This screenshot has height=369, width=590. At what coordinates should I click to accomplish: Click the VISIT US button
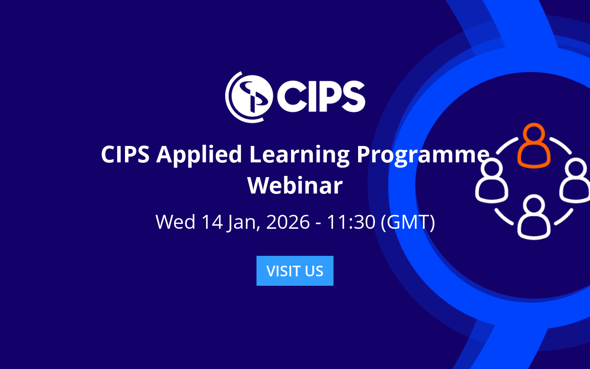pos(295,271)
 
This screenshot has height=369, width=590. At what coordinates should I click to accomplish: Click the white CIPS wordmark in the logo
pos(321,97)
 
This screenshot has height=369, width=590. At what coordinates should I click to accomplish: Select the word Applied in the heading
pos(199,155)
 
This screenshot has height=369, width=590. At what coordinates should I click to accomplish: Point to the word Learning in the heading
pos(299,155)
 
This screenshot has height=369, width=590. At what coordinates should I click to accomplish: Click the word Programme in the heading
pos(423,155)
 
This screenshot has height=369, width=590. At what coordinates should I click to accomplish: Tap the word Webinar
pos(295,185)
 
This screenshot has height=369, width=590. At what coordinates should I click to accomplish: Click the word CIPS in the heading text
pos(125,155)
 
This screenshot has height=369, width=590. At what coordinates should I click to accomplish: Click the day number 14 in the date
pos(212,222)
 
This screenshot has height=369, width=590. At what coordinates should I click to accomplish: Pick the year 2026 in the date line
pos(288,222)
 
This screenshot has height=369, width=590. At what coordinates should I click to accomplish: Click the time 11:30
pos(351,222)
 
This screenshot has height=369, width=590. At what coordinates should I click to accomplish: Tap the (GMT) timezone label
pos(408,222)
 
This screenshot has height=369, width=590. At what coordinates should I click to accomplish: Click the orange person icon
pos(533,147)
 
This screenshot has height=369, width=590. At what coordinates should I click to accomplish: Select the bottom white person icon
pos(533,217)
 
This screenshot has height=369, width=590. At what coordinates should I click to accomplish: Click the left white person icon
pos(492,182)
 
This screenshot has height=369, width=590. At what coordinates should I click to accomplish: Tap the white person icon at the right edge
pos(576,182)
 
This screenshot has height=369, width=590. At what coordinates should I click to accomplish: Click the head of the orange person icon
pos(533,133)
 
